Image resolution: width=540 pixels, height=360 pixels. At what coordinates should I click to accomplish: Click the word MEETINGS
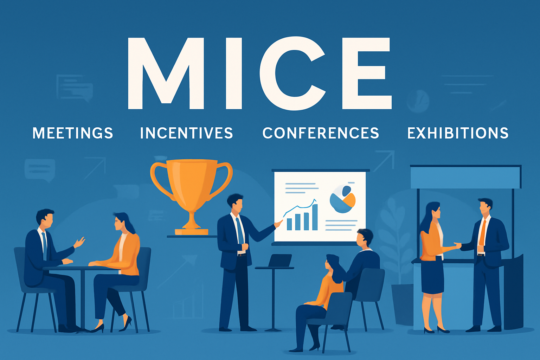point(73,133)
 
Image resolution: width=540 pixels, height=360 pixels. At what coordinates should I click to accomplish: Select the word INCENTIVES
point(186,133)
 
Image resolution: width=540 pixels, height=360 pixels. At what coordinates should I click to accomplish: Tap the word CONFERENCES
point(321,133)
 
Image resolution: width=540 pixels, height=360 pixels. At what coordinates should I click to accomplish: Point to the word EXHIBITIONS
point(458,133)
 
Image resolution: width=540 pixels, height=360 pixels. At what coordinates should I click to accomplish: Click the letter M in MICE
point(166,73)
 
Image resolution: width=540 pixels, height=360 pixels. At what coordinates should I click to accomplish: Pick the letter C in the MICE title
point(292,73)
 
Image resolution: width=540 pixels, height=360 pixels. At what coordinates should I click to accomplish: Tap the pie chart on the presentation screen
point(342,199)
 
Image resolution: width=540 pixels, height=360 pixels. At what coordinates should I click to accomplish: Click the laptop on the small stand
point(280,260)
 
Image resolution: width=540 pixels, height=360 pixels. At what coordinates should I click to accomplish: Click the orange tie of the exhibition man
point(482,233)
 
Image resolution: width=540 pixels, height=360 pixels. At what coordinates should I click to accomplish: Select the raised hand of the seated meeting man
point(79,242)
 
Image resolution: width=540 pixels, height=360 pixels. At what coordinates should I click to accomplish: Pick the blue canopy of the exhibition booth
point(465,177)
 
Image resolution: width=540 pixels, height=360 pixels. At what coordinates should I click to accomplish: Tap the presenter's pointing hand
point(278,223)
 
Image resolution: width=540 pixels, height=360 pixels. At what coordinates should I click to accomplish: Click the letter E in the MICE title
point(367,73)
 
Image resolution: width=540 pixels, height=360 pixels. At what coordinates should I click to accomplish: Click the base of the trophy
point(191,232)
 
